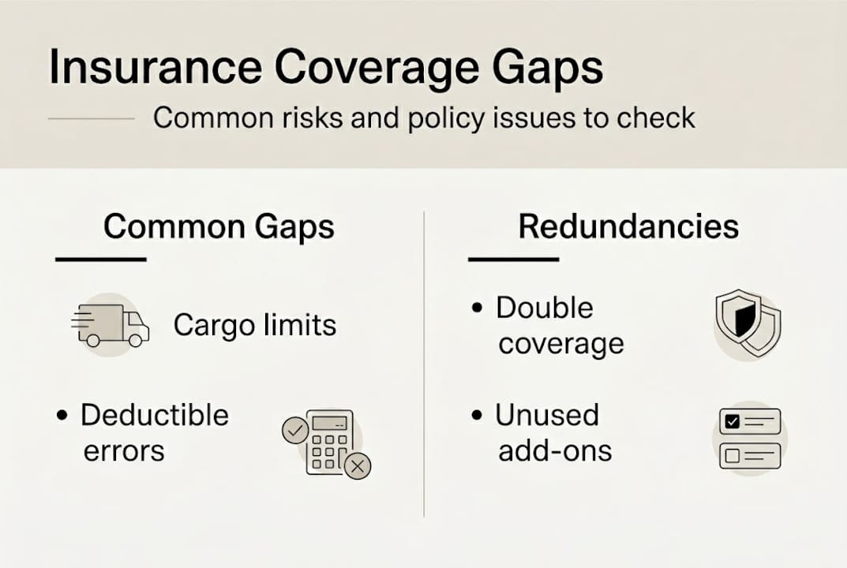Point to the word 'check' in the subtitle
tap(654, 118)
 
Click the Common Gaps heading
tap(219, 227)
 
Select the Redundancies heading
tap(628, 227)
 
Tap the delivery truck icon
tap(111, 325)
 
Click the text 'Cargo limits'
tap(255, 325)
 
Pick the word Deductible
tap(155, 415)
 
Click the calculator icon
tap(330, 443)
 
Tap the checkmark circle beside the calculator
tap(294, 431)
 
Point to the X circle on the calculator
tap(358, 467)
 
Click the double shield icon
tap(747, 323)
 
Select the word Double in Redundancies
tap(544, 308)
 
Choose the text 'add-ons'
tap(555, 451)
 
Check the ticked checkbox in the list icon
tap(732, 422)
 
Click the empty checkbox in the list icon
tap(732, 456)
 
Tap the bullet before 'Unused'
tap(477, 416)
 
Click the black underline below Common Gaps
tap(100, 260)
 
